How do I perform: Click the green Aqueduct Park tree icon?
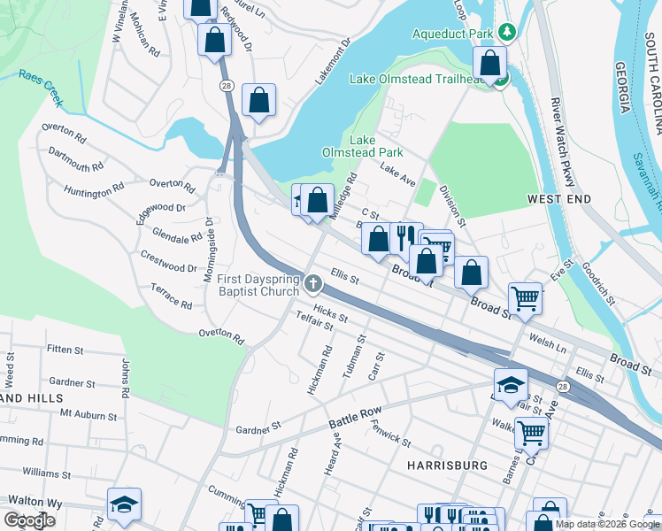tap(506, 34)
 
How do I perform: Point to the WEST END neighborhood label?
tap(558, 200)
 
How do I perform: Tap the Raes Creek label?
tap(41, 88)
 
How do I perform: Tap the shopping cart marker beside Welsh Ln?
tap(525, 298)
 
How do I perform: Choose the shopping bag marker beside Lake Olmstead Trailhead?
tap(489, 63)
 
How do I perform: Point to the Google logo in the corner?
tap(29, 519)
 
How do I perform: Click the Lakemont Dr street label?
tap(334, 60)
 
